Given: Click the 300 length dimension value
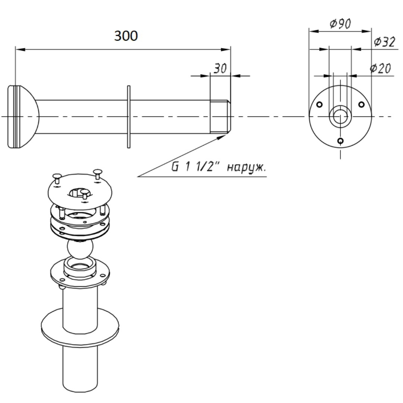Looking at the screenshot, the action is [126, 35].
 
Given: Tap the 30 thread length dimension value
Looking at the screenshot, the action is [220, 68].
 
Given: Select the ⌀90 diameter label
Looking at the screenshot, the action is [340, 24].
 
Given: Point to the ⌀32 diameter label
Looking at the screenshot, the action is [384, 42].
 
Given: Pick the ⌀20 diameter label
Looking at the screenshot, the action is [380, 68].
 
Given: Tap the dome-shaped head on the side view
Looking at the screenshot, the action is [24, 117].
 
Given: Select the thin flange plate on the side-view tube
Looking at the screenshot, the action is [129, 117].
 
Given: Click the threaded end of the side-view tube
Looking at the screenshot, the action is [220, 117].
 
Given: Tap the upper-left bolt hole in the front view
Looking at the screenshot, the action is [319, 104].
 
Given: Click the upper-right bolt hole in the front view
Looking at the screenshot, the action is [361, 104].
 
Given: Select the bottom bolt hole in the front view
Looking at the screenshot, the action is [341, 141].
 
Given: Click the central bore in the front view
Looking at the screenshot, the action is [340, 116].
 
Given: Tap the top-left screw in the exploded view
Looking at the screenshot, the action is [57, 178].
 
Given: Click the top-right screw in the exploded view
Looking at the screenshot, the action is [98, 174].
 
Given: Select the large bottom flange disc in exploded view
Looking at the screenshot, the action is [80, 327].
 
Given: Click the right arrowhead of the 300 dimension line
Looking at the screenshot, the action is [226, 49].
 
